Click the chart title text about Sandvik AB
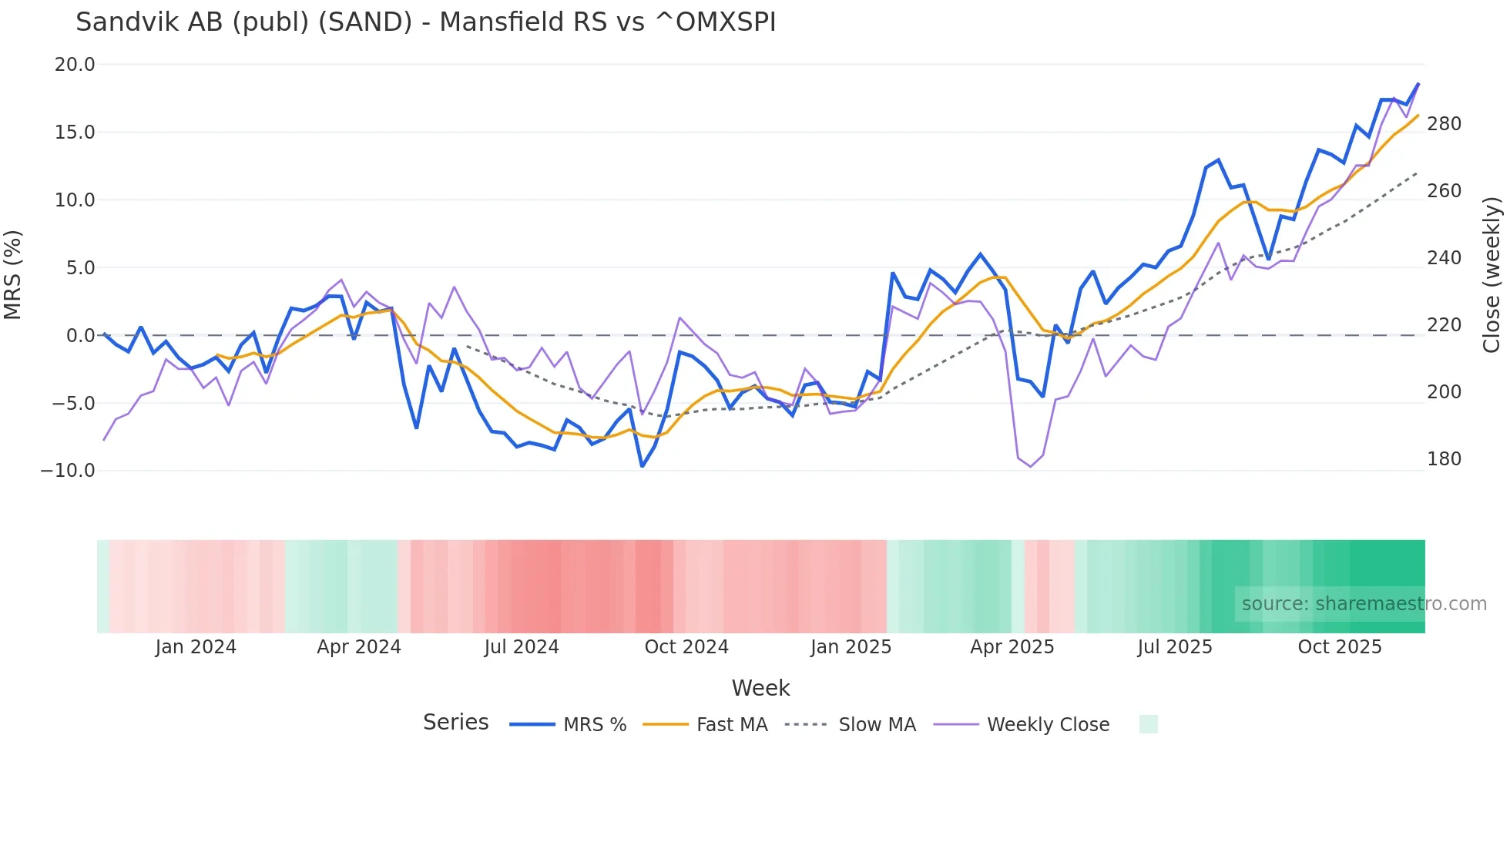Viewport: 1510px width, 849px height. [425, 22]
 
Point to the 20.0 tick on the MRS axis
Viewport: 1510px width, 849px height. [75, 65]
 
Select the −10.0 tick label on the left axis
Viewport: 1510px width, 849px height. [68, 471]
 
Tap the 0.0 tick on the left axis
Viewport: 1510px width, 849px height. [80, 336]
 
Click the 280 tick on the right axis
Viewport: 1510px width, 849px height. [1444, 124]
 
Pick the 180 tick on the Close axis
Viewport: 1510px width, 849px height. [1444, 459]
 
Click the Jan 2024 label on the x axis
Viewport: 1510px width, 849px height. [196, 647]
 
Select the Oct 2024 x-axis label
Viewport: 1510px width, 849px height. [686, 647]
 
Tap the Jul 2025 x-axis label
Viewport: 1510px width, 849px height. [1174, 647]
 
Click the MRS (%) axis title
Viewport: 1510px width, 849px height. [13, 275]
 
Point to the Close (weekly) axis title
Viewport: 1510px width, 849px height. [1492, 275]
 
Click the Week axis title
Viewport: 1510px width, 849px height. [760, 688]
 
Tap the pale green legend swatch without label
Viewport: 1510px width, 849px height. [1148, 724]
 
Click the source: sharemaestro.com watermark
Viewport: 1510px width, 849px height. [1364, 604]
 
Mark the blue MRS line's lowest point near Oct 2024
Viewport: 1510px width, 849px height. [642, 466]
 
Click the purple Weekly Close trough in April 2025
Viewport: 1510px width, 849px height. [1031, 466]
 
